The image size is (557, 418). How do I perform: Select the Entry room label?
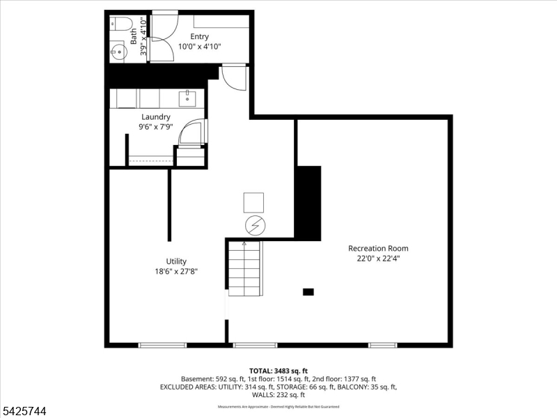point(198,37)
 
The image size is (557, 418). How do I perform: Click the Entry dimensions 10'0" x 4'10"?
point(198,47)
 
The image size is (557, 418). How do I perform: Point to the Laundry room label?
point(155,117)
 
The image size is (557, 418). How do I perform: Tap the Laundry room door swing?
point(191,132)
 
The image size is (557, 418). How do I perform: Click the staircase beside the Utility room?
point(244,268)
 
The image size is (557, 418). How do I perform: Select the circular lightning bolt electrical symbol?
point(254,225)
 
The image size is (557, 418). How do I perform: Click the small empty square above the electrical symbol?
point(253,202)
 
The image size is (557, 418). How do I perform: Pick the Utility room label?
point(176,261)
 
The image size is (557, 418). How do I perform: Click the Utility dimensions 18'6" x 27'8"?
point(176,272)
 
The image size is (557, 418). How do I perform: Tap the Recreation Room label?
point(378,248)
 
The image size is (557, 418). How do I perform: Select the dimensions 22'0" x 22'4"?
point(378,258)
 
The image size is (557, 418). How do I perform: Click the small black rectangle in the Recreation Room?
point(308,292)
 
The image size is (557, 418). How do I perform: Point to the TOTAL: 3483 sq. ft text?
point(278,370)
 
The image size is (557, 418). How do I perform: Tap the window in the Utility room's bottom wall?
point(162,345)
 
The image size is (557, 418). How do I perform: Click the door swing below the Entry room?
point(235,77)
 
